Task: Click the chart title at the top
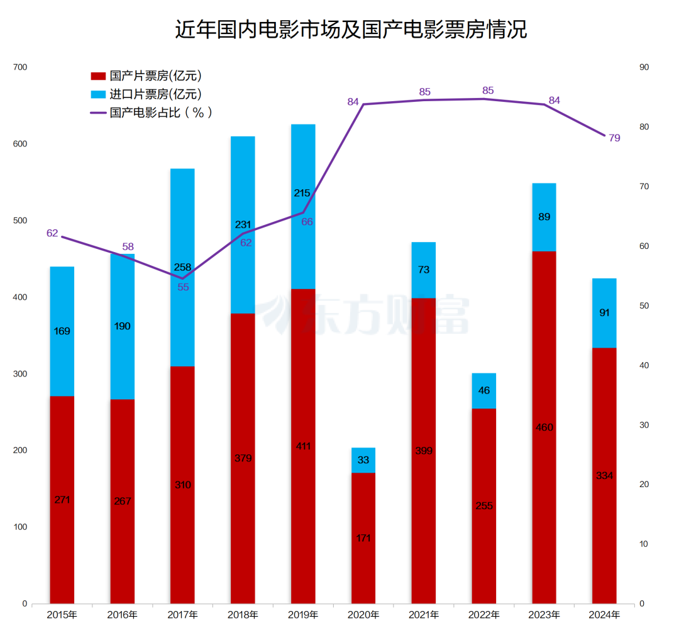coord(351,30)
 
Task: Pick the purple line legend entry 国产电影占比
coord(152,113)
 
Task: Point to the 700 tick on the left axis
coord(20,67)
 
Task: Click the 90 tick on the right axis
coord(644,67)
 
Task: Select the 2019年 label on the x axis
coord(303,615)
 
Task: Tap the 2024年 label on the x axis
coord(605,615)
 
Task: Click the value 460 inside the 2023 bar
coord(544,427)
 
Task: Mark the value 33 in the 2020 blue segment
coord(363,460)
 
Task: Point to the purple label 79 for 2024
coord(614,138)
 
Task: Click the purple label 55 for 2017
coord(183,287)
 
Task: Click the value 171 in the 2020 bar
coord(363,538)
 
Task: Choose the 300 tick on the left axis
coord(20,374)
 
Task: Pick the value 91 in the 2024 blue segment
coord(605,312)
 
